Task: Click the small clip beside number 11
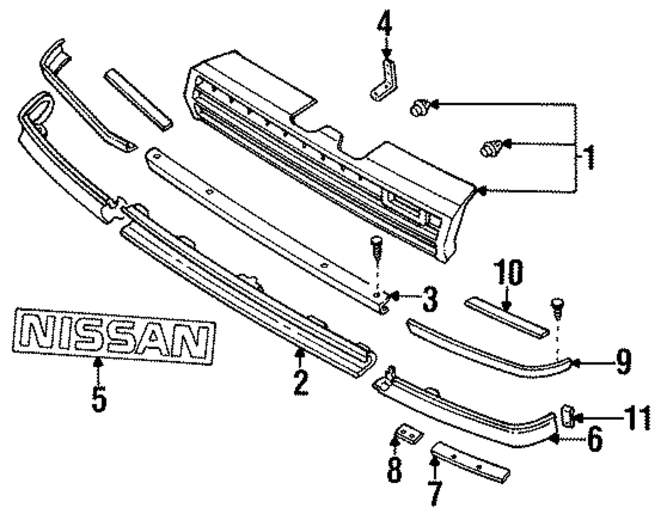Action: (568, 416)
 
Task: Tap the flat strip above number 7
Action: (471, 461)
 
